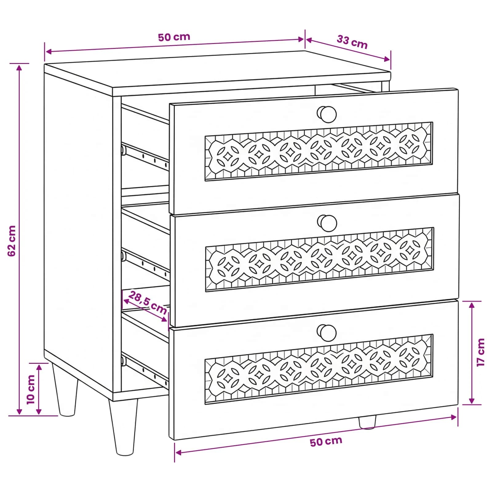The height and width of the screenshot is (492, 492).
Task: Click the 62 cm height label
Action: (x=12, y=241)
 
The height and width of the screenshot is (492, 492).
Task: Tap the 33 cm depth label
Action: (x=352, y=42)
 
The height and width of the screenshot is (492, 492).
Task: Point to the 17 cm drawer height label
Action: (x=481, y=352)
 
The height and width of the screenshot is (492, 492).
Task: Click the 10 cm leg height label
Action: (x=31, y=390)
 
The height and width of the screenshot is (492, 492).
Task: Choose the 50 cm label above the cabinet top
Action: (x=174, y=37)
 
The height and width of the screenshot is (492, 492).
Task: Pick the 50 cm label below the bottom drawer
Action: (x=326, y=442)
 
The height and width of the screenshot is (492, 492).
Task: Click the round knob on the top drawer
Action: (x=327, y=114)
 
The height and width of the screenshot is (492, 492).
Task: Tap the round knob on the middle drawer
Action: (x=327, y=223)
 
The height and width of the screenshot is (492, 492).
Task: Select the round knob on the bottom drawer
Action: (x=327, y=332)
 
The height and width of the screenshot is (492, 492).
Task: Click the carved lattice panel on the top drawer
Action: (x=319, y=151)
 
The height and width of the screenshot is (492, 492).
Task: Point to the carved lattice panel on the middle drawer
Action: (x=319, y=259)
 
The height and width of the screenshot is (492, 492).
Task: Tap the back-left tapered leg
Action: (x=65, y=390)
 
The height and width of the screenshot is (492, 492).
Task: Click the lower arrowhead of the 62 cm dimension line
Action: (x=19, y=411)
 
